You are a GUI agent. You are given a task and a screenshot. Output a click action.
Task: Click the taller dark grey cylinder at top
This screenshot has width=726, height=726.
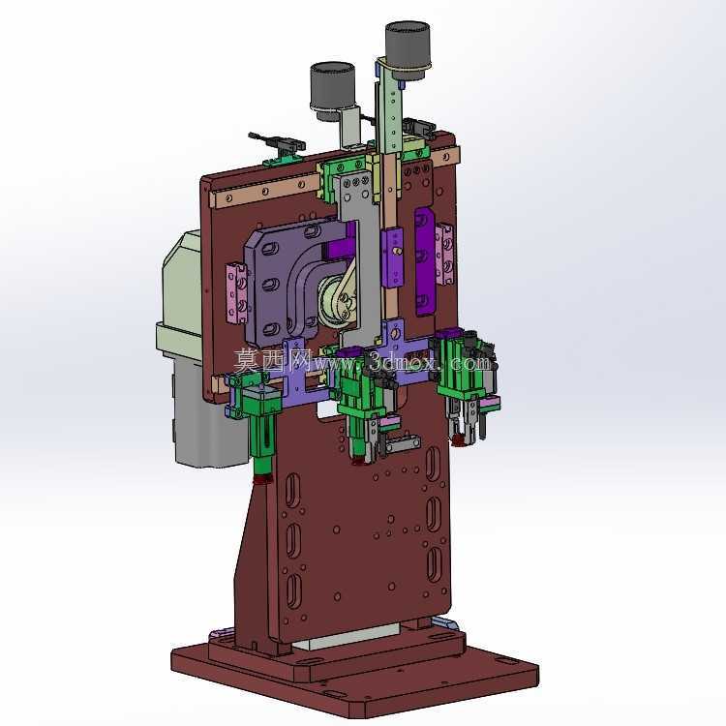[408, 47]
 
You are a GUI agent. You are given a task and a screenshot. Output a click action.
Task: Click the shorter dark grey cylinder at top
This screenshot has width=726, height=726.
[332, 89]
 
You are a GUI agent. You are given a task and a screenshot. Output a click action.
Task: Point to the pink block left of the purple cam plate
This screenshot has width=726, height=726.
[236, 293]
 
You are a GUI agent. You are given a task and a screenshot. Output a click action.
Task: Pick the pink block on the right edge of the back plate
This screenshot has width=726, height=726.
[444, 255]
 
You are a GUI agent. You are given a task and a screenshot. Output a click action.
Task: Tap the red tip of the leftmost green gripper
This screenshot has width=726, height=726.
[262, 480]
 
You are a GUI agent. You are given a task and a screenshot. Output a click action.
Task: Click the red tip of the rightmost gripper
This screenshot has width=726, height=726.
[459, 439]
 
